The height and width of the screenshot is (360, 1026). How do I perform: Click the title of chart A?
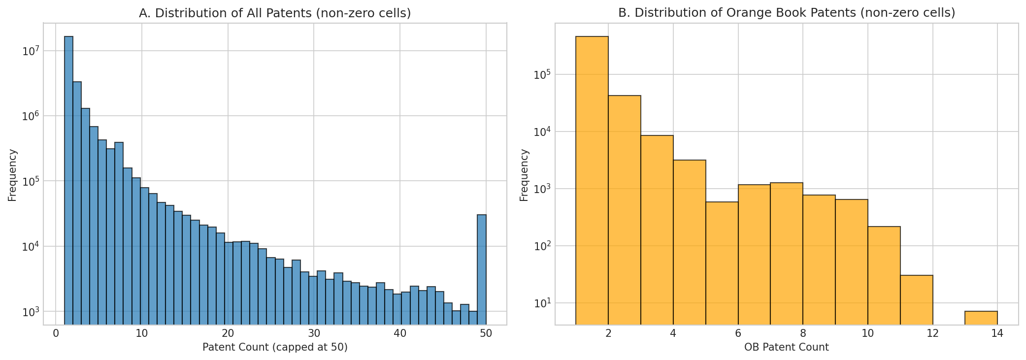275,13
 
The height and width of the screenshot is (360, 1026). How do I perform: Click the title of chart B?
787,13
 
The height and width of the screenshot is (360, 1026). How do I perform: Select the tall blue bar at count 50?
482,268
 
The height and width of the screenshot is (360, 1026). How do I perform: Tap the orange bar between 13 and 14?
981,318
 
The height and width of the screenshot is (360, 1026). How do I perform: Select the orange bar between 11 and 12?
916,299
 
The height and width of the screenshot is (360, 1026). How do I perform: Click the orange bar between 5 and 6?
722,263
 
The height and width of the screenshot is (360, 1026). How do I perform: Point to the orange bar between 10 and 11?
884,275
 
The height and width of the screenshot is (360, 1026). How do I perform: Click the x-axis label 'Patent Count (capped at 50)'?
275,348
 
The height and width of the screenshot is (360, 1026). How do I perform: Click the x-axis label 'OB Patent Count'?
786,348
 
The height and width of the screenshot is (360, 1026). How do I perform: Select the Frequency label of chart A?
12,175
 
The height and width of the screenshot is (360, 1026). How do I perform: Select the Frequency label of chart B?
524,175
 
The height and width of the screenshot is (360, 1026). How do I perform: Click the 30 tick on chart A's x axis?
313,333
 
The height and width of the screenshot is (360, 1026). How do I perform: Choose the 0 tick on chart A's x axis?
56,333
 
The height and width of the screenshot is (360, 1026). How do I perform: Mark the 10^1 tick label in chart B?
541,303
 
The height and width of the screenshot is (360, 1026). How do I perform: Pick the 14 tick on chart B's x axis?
997,333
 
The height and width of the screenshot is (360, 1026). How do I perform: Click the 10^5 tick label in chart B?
541,74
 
